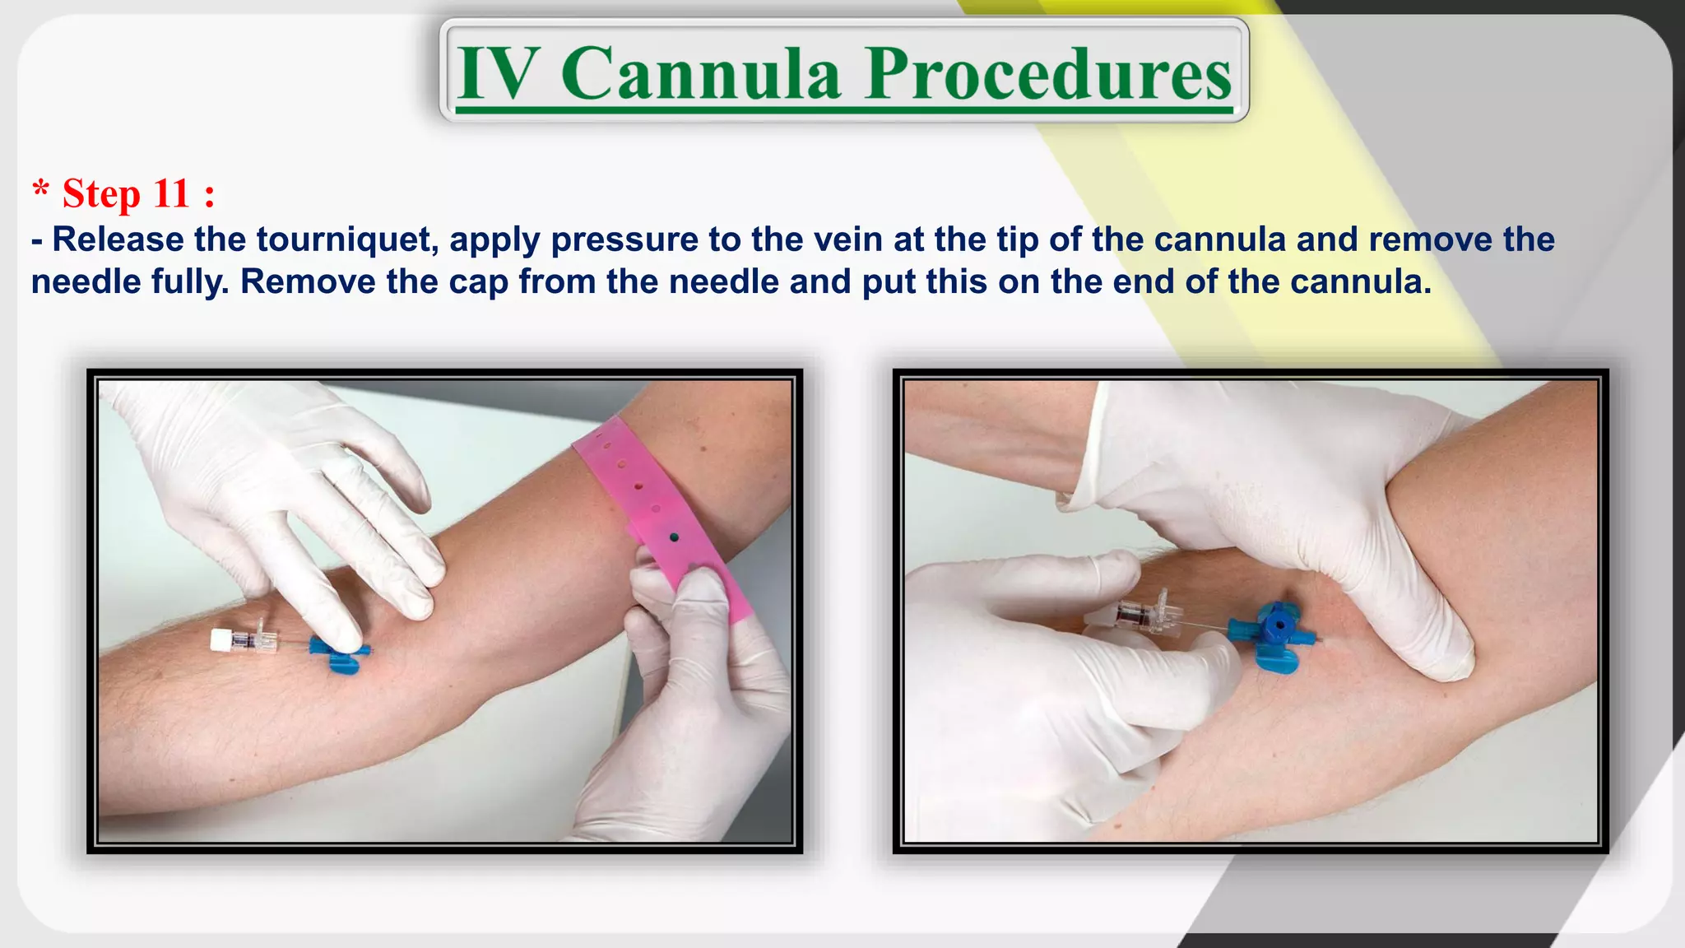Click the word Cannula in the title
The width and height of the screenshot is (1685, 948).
tap(700, 74)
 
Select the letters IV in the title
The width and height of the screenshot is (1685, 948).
tap(499, 74)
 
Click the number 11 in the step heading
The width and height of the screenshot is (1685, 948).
tap(171, 194)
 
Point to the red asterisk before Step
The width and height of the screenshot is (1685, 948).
tap(40, 190)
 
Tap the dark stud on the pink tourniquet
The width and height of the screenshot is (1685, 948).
tap(675, 537)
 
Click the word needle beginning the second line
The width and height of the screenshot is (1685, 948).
tap(86, 282)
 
